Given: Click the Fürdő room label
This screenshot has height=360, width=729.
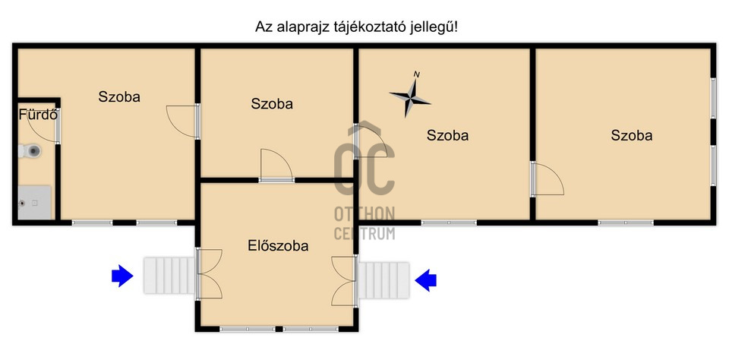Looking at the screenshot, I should click(x=38, y=115).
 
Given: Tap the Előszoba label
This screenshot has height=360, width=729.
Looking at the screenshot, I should click(x=278, y=245).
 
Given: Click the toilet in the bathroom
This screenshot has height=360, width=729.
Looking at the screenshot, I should click(x=32, y=152).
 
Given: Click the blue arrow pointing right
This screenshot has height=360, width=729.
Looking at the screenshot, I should click(x=121, y=276).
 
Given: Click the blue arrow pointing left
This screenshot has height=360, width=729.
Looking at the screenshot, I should click(x=426, y=280).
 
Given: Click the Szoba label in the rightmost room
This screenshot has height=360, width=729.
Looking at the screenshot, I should click(x=632, y=136).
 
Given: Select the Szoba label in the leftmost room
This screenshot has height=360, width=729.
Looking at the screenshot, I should click(x=119, y=96).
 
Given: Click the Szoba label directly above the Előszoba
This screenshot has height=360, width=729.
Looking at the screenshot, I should click(x=272, y=104).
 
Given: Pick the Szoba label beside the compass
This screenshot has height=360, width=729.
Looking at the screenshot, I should click(x=447, y=136).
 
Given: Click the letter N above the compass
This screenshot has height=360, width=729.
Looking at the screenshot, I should click(x=416, y=74).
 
